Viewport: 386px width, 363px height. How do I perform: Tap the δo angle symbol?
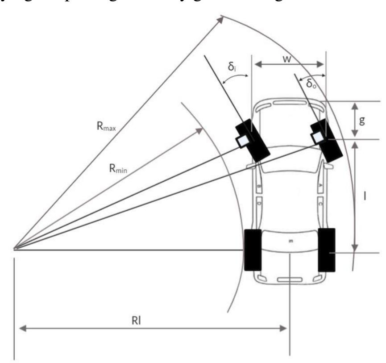pyautogui.click(x=311, y=83)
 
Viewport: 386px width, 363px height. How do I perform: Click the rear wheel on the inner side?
pyautogui.click(x=253, y=250)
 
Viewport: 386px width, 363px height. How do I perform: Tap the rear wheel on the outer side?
pyautogui.click(x=327, y=250)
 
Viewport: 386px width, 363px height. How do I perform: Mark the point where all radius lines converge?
pyautogui.click(x=15, y=249)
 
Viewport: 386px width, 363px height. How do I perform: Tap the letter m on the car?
pyautogui.click(x=291, y=241)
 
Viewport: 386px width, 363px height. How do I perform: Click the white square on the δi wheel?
pyautogui.click(x=244, y=141)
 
